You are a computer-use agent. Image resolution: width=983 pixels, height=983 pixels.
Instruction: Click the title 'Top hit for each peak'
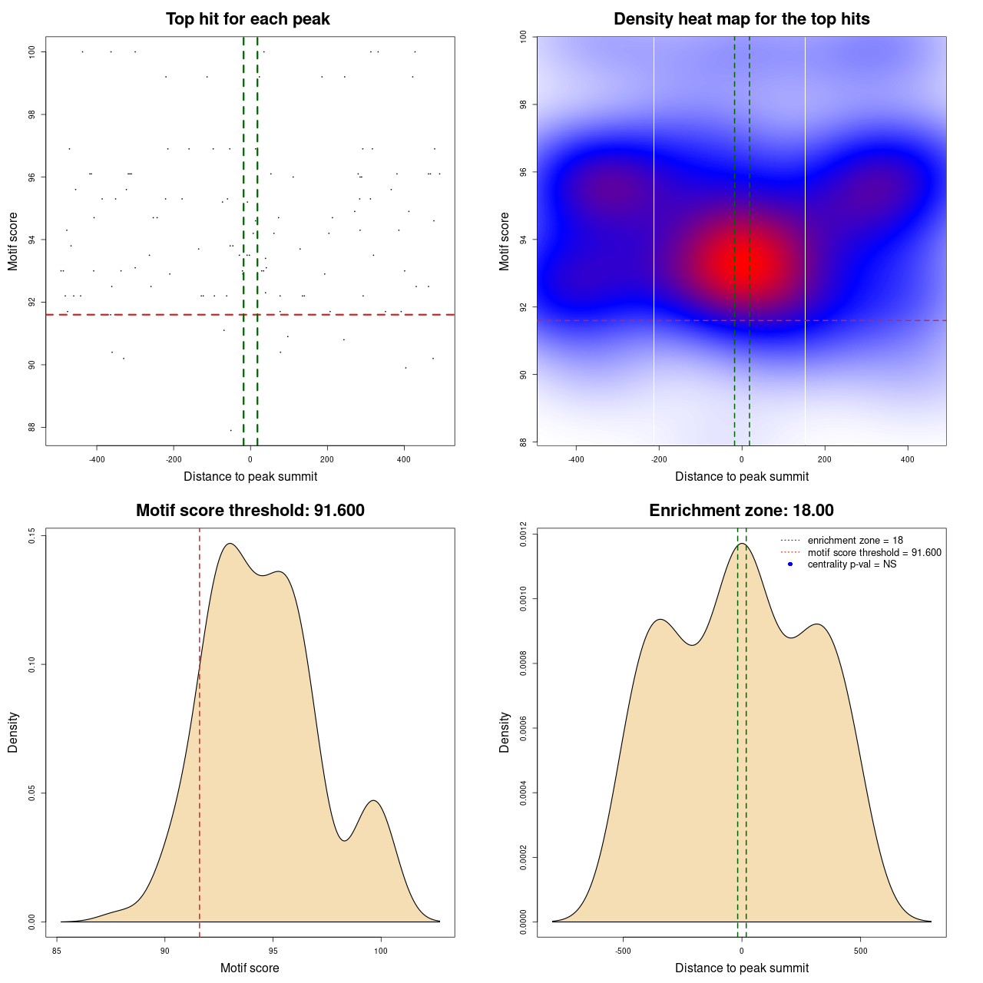pos(247,19)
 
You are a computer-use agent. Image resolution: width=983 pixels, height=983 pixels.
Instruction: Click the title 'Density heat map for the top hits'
pos(741,19)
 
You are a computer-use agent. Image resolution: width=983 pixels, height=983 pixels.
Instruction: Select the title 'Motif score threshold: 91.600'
pos(250,511)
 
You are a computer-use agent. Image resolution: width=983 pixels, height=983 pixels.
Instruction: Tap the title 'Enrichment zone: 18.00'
pos(741,511)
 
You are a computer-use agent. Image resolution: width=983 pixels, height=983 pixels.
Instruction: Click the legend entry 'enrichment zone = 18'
pos(855,541)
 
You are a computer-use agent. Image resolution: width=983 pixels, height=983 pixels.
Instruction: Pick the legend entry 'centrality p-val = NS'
pos(852,564)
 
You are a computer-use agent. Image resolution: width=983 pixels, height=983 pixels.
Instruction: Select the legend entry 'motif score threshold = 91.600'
pos(874,553)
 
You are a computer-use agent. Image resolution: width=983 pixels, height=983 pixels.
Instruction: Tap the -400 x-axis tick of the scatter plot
pos(97,459)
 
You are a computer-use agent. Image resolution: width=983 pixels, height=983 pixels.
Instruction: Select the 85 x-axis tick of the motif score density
pos(57,951)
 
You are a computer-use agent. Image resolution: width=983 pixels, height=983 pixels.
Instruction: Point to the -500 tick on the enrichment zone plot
pos(623,951)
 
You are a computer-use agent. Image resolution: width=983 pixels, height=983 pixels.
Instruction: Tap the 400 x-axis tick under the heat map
pos(908,459)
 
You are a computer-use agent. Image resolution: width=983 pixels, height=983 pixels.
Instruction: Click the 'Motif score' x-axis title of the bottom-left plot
pos(250,968)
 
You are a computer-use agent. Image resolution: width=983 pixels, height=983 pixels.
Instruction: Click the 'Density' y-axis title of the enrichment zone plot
pos(505,732)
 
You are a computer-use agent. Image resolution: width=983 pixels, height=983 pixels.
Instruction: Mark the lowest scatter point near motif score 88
pos(230,430)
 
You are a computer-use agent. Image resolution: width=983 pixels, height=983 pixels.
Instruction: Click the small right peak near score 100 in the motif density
pos(374,801)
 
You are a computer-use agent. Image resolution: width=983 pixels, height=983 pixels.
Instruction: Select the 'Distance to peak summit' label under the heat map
pos(741,476)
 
